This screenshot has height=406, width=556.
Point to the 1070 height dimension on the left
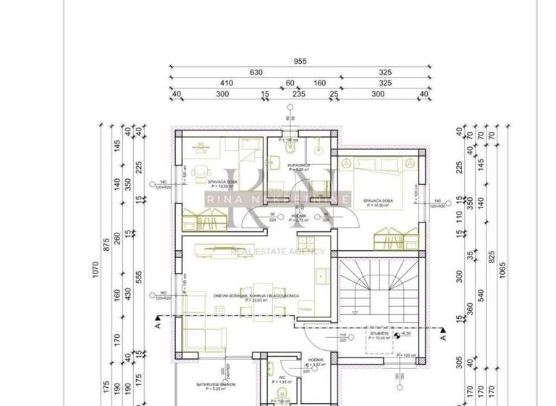click(94, 270)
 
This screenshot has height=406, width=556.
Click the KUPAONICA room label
click(298, 166)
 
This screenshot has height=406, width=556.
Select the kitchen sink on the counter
click(323, 276)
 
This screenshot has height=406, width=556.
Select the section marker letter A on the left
click(157, 326)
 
